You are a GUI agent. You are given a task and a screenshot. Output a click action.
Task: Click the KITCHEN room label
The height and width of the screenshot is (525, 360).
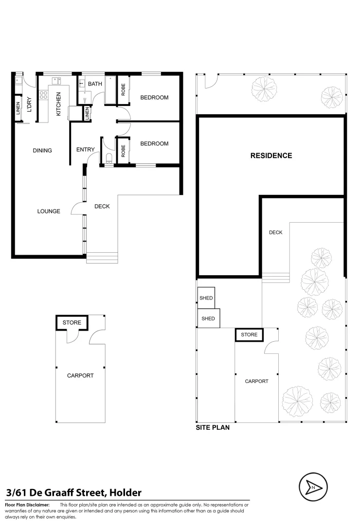coord(58,104)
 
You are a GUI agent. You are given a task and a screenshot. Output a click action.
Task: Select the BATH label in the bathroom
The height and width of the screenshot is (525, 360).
coord(95,84)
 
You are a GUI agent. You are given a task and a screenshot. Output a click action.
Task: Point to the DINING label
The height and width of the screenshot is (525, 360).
coord(42,151)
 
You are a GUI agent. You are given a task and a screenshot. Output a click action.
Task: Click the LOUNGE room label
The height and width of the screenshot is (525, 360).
coord(49,211)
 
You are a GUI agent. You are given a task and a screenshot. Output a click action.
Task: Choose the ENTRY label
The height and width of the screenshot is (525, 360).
coord(85,150)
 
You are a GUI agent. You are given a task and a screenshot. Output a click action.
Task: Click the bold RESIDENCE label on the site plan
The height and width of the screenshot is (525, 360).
coord(271,156)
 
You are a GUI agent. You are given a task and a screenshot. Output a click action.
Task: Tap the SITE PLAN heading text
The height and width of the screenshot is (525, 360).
coord(213,428)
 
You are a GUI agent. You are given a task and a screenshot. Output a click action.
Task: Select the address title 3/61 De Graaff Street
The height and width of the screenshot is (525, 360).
coord(73,492)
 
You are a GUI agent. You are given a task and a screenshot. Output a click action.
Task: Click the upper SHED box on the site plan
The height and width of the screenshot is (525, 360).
coord(206,298)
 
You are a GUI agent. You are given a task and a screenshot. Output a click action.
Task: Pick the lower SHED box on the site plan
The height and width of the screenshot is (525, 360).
coord(208,319)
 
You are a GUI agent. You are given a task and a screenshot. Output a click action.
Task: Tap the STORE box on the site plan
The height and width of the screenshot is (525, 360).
coord(249,334)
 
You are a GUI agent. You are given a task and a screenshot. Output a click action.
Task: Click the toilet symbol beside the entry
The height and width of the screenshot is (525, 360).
coord(109,157)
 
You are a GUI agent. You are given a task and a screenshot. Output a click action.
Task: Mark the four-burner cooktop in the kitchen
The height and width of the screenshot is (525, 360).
coord(43,95)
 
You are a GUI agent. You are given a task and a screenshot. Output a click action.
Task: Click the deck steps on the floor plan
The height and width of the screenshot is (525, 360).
coord(102,258)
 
